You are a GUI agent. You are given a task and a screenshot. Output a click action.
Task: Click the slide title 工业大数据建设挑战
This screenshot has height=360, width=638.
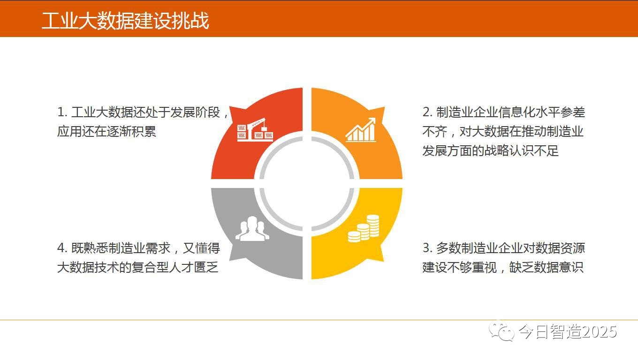(x=125, y=21)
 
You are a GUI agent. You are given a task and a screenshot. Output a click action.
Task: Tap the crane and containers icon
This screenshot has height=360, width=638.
(x=255, y=130)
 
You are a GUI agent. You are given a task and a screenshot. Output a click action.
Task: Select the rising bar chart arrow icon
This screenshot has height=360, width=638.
(x=361, y=130)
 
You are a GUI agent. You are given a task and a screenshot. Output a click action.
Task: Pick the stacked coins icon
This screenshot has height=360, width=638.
(x=364, y=229)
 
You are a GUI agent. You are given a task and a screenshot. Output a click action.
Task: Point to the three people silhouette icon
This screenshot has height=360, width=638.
(x=252, y=229)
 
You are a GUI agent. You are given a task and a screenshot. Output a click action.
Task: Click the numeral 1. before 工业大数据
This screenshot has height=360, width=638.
(x=62, y=112)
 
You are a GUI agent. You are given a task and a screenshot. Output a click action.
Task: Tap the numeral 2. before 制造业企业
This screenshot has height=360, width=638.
(x=427, y=112)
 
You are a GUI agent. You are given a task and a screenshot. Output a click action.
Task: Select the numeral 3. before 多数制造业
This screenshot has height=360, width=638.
(x=427, y=248)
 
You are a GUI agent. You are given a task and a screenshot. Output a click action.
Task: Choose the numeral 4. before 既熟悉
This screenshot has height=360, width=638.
(x=62, y=248)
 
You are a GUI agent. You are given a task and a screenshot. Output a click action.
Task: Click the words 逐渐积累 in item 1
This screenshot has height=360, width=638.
(x=131, y=131)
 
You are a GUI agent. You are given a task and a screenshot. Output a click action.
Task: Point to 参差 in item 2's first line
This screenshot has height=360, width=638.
(x=573, y=112)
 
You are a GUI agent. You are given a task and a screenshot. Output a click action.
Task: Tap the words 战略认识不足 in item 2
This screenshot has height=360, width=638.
(x=522, y=151)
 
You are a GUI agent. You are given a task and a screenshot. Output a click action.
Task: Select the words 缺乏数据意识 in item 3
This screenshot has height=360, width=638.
(x=546, y=267)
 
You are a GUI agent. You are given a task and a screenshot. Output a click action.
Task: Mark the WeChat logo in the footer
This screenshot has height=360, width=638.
(x=501, y=331)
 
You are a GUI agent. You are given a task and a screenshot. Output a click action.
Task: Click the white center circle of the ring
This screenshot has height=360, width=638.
(x=307, y=184)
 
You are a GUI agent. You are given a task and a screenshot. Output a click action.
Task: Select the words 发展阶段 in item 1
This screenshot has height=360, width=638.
(x=195, y=112)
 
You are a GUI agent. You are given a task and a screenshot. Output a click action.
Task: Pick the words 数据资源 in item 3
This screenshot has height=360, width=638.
(x=560, y=248)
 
